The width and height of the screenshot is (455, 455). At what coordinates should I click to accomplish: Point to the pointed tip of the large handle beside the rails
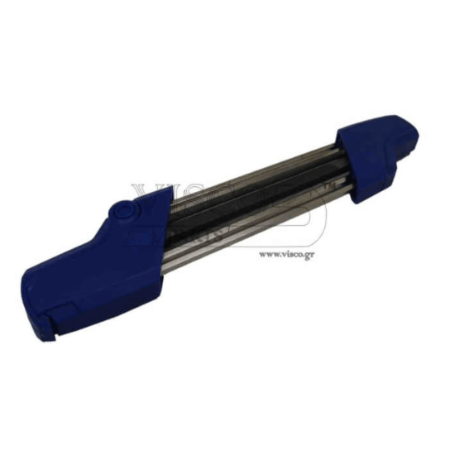170,192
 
